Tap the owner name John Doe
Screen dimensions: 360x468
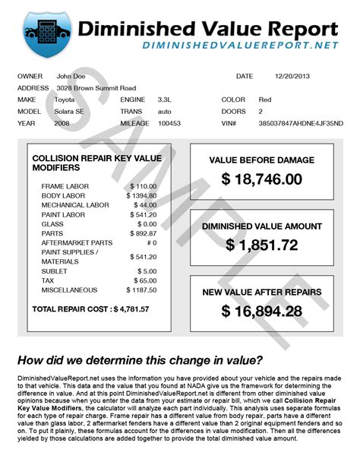coord(71,77)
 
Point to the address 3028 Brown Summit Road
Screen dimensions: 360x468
coord(96,88)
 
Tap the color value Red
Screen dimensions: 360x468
coord(264,100)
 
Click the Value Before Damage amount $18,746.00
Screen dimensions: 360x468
coord(262,179)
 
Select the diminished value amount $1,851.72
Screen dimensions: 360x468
coord(262,245)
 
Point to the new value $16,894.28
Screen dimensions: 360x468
coord(262,311)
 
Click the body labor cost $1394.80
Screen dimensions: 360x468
coord(142,196)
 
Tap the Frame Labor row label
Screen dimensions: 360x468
coord(65,186)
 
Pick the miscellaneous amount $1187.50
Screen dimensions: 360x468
coord(142,290)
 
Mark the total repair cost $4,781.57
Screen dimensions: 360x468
coord(130,309)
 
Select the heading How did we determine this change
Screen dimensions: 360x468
coord(141,360)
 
